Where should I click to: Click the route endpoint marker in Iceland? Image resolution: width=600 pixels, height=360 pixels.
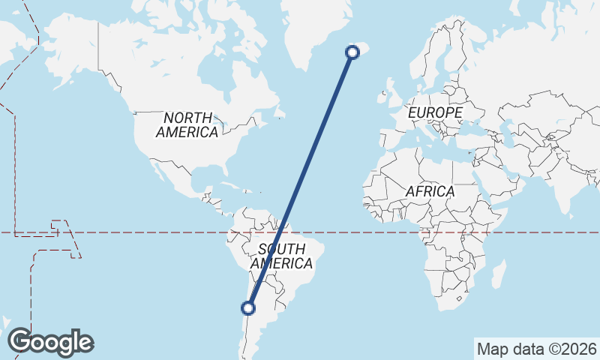pos(352,52)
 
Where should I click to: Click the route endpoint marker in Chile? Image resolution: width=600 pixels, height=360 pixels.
pos(247,307)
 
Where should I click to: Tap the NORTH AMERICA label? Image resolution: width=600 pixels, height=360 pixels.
pos(187,124)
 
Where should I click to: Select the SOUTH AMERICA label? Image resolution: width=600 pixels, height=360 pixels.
pos(281,256)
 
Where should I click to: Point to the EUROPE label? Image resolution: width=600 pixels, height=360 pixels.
pos(435,112)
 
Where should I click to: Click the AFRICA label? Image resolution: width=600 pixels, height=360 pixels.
pos(430,191)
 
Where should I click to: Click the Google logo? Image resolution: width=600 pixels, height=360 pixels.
pos(50,342)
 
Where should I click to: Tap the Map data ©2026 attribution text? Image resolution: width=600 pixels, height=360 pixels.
pos(536,349)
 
